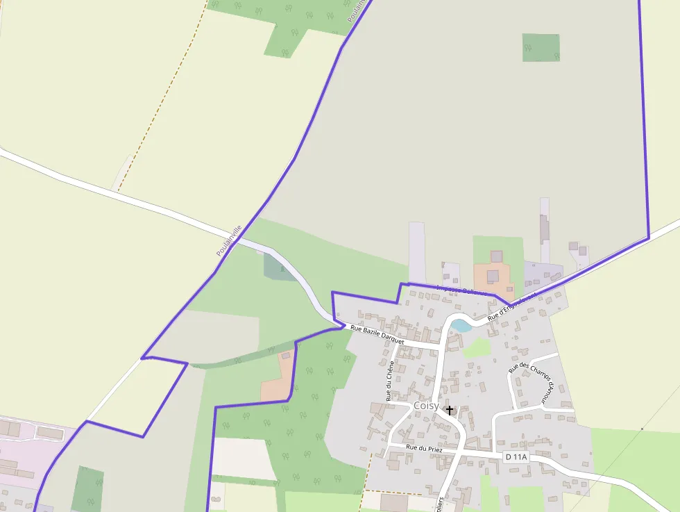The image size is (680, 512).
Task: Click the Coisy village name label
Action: [x=425, y=405]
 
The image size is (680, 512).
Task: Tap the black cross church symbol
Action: [x=450, y=410]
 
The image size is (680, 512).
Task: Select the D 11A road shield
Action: [x=516, y=456]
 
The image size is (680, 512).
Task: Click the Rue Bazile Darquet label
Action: [x=377, y=333]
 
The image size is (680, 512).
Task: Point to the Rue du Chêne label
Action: [x=391, y=380]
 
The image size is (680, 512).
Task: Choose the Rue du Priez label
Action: [x=424, y=449]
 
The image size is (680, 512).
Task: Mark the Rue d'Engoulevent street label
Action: [x=512, y=306]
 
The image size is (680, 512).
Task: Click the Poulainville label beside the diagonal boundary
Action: [x=228, y=240]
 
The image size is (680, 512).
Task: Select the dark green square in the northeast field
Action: [x=541, y=47]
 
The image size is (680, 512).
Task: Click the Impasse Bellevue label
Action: [x=461, y=289]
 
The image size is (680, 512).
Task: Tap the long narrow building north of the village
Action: [x=545, y=229]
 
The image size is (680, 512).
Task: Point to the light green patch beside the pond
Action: [x=476, y=347]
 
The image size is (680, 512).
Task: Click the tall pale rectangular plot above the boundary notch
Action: [x=416, y=251]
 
